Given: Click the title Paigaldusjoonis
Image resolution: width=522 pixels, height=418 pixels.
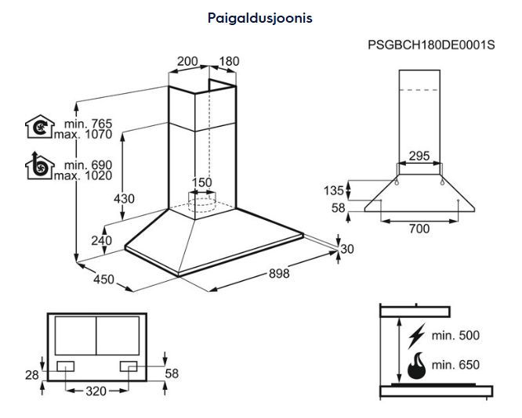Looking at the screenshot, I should pyautogui.click(x=260, y=17).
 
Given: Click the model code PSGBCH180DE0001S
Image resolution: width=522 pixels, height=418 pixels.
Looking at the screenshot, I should pyautogui.click(x=431, y=45).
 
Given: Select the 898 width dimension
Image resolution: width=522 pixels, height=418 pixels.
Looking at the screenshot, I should pyautogui.click(x=279, y=273).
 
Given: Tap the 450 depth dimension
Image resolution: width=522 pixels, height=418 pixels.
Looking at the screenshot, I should pyautogui.click(x=104, y=279).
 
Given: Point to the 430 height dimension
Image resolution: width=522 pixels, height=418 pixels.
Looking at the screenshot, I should pyautogui.click(x=124, y=198).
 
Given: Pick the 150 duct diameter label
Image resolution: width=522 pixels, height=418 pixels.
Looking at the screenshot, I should pyautogui.click(x=202, y=183).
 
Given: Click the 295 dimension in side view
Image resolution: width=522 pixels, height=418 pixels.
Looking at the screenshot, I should pyautogui.click(x=419, y=156).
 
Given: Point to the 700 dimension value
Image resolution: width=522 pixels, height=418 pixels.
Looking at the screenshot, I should pyautogui.click(x=419, y=229).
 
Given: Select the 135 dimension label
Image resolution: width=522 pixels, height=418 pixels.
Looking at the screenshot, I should pyautogui.click(x=334, y=190).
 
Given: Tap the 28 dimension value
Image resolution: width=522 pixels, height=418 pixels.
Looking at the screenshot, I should pyautogui.click(x=31, y=375).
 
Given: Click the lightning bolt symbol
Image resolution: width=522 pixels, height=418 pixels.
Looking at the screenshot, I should pyautogui.click(x=417, y=336).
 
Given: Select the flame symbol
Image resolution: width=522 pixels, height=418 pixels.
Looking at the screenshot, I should pyautogui.click(x=417, y=365).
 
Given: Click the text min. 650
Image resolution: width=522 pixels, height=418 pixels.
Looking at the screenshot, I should pyautogui.click(x=455, y=365).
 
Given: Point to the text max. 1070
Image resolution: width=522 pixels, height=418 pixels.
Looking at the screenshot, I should pyautogui.click(x=83, y=134).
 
